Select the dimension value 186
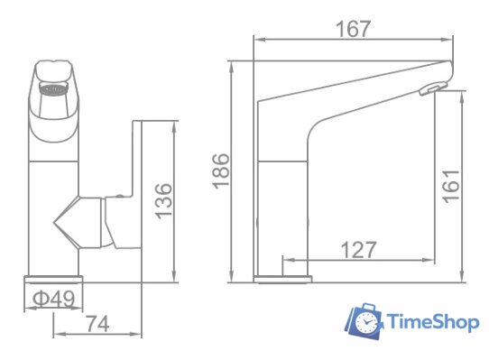(222, 171)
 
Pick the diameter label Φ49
(54, 298)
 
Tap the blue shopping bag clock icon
(365, 320)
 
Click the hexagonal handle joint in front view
(77, 223)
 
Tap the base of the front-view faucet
(52, 279)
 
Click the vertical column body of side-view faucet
(284, 208)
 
